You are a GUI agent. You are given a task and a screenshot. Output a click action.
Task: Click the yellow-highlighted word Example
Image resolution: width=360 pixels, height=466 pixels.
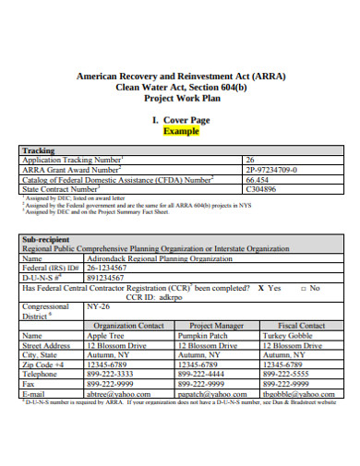181,130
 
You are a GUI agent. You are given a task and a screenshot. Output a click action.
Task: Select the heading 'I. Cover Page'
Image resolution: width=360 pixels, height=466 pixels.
181,120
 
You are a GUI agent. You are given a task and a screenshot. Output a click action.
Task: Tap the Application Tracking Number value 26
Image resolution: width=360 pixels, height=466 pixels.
249,160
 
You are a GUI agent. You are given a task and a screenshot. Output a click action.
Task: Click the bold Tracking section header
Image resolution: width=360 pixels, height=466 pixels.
38,150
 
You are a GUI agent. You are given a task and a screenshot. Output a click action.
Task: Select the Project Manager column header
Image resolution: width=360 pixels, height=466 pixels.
217,326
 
